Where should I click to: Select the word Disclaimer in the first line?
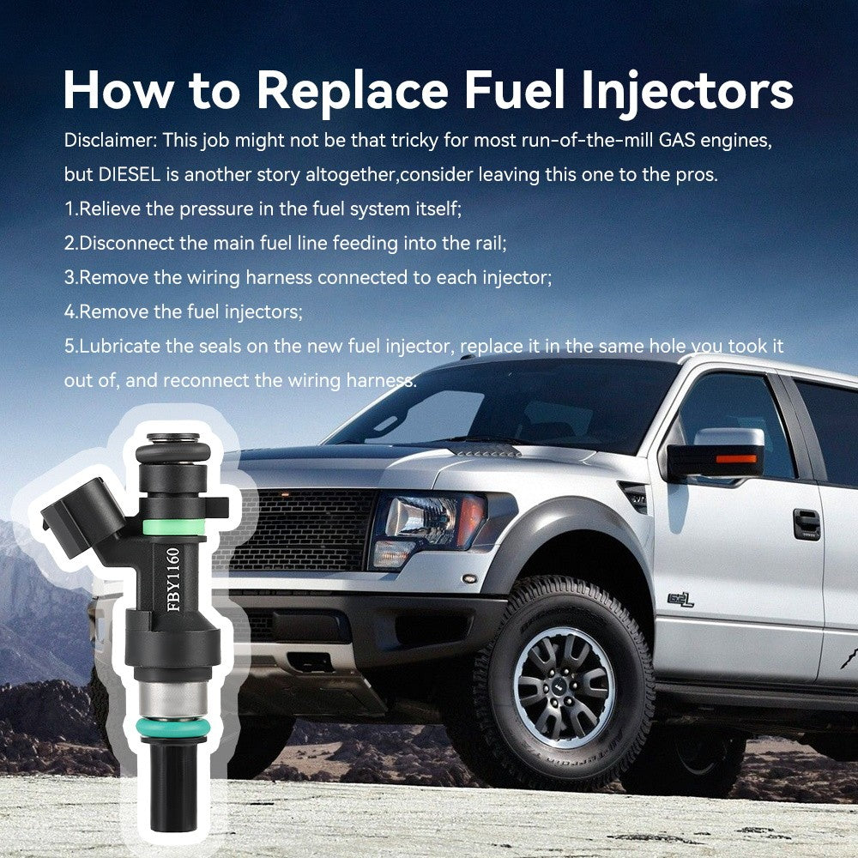(x=111, y=140)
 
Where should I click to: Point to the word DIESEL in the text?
(x=130, y=174)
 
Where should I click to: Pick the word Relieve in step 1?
(x=110, y=208)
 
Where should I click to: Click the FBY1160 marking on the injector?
(x=173, y=580)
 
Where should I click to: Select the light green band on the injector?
(x=173, y=527)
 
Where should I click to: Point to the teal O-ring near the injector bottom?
(x=173, y=727)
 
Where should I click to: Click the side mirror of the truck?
(x=716, y=454)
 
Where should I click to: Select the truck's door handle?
(x=807, y=523)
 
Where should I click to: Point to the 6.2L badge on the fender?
(x=680, y=601)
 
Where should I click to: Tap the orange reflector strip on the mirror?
(x=736, y=458)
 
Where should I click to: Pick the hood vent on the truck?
(x=485, y=450)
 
